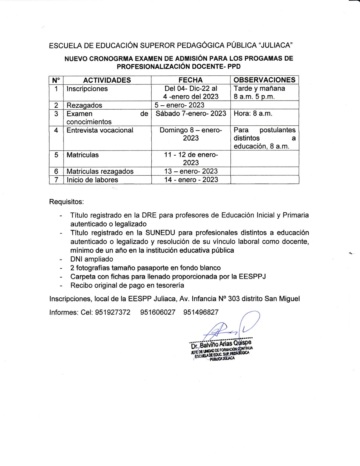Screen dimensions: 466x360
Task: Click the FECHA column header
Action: tap(191, 80)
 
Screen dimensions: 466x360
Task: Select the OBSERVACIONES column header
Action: tap(265, 80)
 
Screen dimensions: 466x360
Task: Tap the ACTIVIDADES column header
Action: tap(107, 80)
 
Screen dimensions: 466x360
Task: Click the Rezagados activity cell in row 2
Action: tap(84, 105)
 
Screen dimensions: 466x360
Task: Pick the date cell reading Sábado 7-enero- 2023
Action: tap(191, 114)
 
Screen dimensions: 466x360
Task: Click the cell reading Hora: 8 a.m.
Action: tap(253, 114)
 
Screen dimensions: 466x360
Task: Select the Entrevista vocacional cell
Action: tap(100, 130)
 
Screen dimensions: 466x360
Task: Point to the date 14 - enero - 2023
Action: tap(191, 180)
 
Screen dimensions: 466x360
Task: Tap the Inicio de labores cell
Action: tap(92, 180)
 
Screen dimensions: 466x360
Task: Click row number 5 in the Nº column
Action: tap(56, 155)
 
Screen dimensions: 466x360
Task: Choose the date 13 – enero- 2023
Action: tap(191, 171)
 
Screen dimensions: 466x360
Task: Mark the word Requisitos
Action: tap(67, 202)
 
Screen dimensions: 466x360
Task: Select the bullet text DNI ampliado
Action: tap(91, 259)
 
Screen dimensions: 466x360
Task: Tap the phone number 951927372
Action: tap(113, 312)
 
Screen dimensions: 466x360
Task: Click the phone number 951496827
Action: tap(201, 312)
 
